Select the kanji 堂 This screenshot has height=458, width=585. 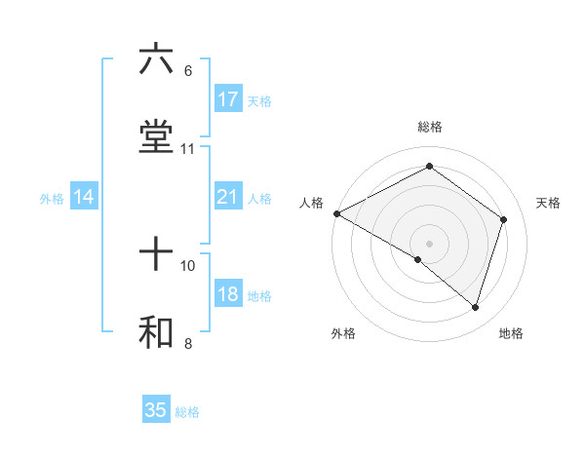(x=156, y=137)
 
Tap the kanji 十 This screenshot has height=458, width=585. (x=156, y=254)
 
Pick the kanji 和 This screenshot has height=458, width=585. (x=156, y=332)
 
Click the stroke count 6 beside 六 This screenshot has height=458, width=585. (x=187, y=70)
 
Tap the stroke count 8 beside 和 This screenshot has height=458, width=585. (x=187, y=343)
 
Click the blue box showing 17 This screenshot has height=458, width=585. (x=227, y=99)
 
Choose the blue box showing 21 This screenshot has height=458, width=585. (x=227, y=198)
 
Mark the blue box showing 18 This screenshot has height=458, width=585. (x=227, y=295)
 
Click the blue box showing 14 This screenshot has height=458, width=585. (x=84, y=198)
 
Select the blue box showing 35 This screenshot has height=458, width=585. (x=156, y=410)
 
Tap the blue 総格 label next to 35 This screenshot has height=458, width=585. (x=187, y=412)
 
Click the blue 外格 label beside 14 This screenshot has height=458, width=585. (x=52, y=199)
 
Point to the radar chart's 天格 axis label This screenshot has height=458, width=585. (x=548, y=203)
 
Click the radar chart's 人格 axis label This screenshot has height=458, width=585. (x=311, y=203)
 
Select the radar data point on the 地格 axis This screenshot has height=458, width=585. (x=475, y=307)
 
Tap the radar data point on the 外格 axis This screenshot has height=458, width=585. (x=418, y=260)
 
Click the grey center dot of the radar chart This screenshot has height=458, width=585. (x=429, y=243)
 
